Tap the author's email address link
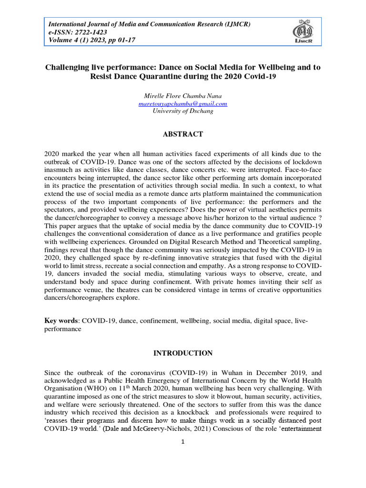coord(183,103)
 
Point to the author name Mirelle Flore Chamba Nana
coord(183,96)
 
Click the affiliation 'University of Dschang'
coord(183,111)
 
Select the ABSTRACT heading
coord(183,134)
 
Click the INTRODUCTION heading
coord(183,353)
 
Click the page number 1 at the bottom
coord(183,442)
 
